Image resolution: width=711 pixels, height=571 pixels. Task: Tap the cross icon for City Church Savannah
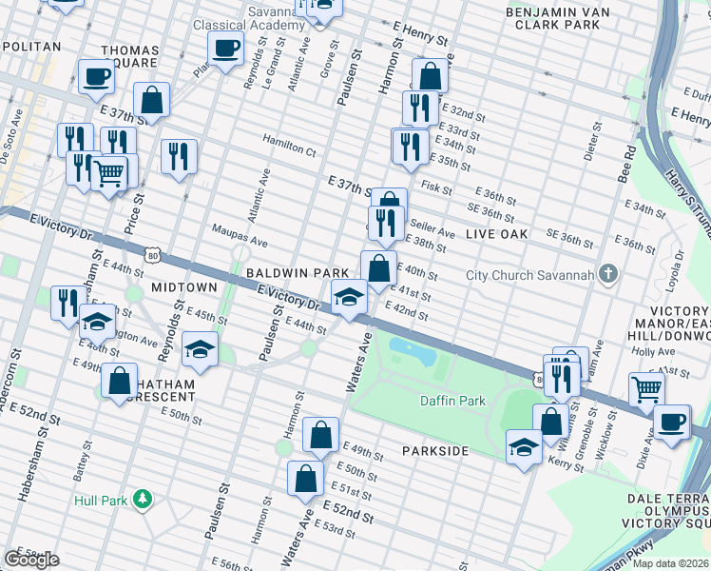[x=609, y=276]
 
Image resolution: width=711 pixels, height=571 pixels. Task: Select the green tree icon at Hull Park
[x=143, y=499]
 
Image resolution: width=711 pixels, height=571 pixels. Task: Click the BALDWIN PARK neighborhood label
[x=289, y=272]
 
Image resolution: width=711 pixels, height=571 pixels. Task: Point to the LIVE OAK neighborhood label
[x=498, y=234]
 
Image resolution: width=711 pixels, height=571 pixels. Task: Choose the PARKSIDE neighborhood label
[x=434, y=449]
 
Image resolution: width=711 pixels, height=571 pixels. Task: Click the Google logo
[x=31, y=560]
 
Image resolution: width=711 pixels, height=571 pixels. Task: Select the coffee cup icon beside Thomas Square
[x=96, y=76]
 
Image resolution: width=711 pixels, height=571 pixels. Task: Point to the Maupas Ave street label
[x=233, y=243]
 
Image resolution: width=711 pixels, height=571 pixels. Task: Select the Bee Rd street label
[x=625, y=163]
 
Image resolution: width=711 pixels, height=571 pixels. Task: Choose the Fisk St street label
[x=436, y=188]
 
